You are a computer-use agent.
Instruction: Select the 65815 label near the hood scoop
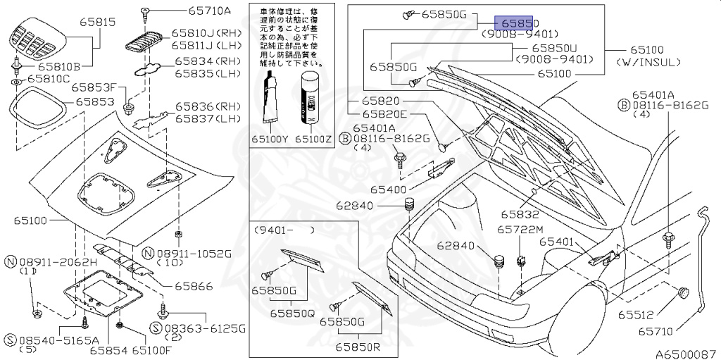pos(96,23)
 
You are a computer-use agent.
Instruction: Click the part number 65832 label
pos(520,214)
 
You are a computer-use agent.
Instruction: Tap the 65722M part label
pos(520,230)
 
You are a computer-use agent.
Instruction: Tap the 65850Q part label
pos(291,313)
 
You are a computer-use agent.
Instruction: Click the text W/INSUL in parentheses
pos(648,62)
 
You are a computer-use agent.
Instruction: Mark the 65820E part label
pos(385,114)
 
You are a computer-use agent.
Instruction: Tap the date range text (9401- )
pos(284,229)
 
